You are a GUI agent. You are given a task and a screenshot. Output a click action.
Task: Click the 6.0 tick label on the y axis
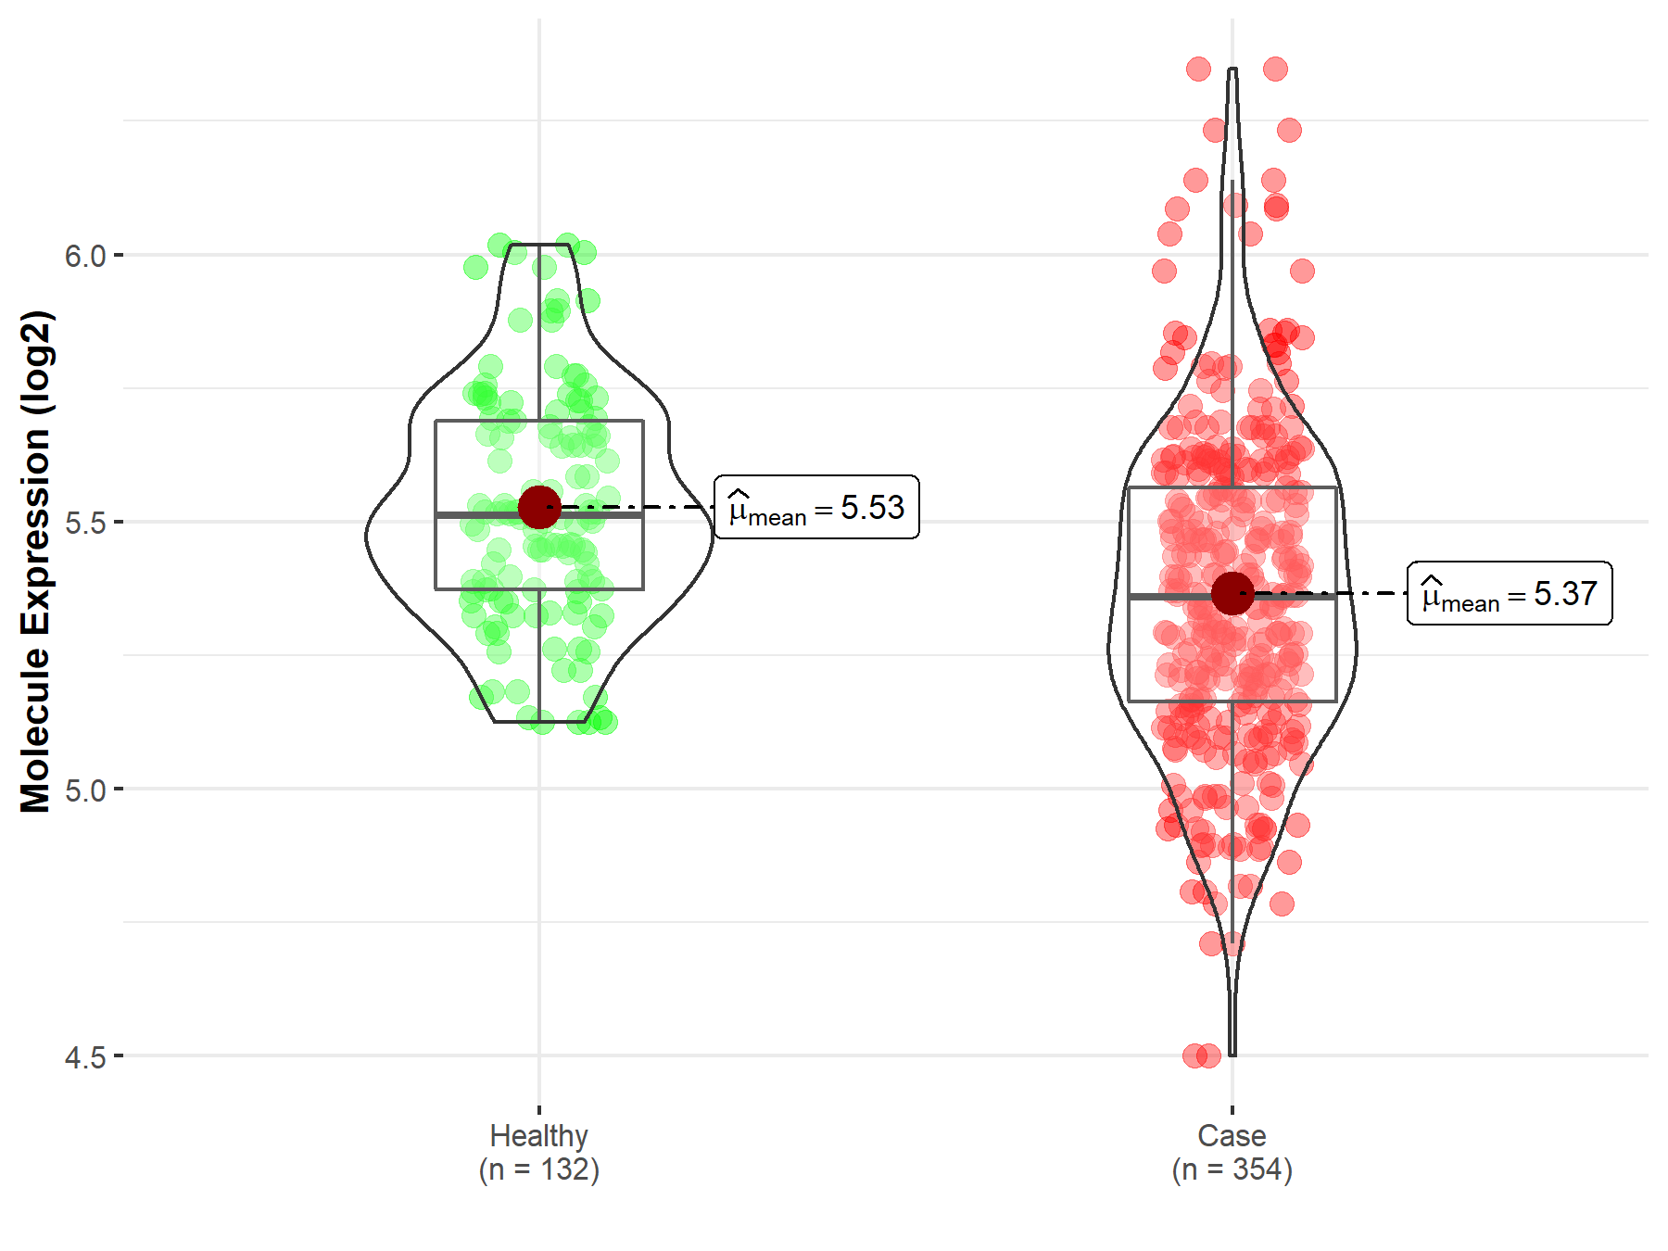84,256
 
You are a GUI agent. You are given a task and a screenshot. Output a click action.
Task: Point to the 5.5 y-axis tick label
84,523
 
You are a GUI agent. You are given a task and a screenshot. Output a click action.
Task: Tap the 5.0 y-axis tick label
84,790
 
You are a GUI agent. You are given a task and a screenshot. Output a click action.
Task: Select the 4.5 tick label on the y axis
84,1057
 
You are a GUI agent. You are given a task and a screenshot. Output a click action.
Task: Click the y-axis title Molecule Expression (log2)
35,562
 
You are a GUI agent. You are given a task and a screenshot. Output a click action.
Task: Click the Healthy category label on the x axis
538,1135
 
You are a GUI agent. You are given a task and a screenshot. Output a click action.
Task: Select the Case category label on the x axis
1232,1135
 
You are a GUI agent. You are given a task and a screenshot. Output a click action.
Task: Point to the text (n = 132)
538,1169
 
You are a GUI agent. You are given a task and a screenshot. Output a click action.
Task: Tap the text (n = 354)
1232,1169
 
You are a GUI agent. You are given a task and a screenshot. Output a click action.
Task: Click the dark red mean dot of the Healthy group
539,507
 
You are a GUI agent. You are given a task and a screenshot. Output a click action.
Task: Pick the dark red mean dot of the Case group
1232,593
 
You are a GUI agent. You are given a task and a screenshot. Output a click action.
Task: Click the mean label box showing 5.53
816,507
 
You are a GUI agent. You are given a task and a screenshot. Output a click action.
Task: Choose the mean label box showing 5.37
1510,593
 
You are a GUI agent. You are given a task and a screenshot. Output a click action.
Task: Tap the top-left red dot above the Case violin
1198,69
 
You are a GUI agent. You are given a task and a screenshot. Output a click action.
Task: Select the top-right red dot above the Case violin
1275,69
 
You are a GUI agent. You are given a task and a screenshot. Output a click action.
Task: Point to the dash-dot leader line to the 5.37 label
1344,593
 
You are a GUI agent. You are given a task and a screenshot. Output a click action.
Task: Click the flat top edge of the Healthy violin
539,245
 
